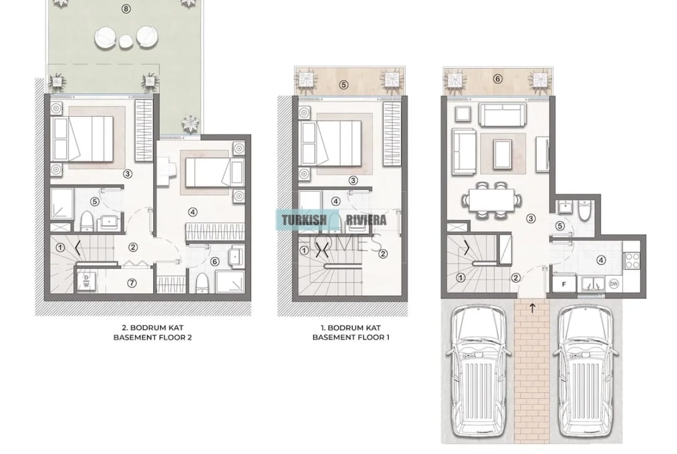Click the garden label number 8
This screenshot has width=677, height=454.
(x=126, y=9)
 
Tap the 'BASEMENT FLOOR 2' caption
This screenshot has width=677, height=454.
(x=152, y=337)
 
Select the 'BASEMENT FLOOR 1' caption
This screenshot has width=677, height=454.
(x=351, y=337)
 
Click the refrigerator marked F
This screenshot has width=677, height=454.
(x=564, y=284)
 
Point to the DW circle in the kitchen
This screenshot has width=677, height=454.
(x=614, y=283)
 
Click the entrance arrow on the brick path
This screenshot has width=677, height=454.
(x=532, y=308)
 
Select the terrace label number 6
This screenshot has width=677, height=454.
(x=498, y=79)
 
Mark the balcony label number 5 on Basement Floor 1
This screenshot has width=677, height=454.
(x=344, y=85)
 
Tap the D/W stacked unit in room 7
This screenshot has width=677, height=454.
(x=87, y=281)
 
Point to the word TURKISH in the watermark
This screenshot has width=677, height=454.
(x=304, y=220)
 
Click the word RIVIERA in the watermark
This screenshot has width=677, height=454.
(x=366, y=220)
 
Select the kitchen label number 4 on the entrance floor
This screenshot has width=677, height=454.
(x=601, y=260)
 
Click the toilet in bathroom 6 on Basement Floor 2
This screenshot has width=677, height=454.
(x=202, y=283)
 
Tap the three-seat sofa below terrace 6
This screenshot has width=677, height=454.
(x=503, y=115)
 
